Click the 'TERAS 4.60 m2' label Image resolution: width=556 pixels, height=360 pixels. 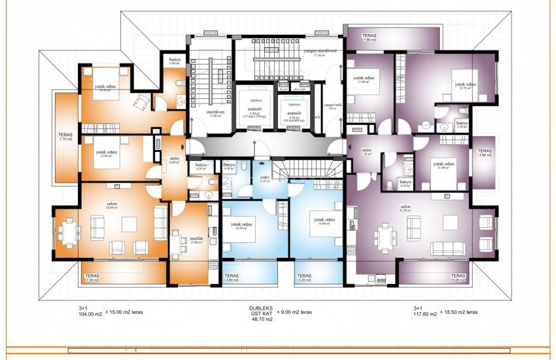pyautogui.click(x=484, y=153)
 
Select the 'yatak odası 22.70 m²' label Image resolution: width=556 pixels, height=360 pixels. pyautogui.click(x=465, y=86)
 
